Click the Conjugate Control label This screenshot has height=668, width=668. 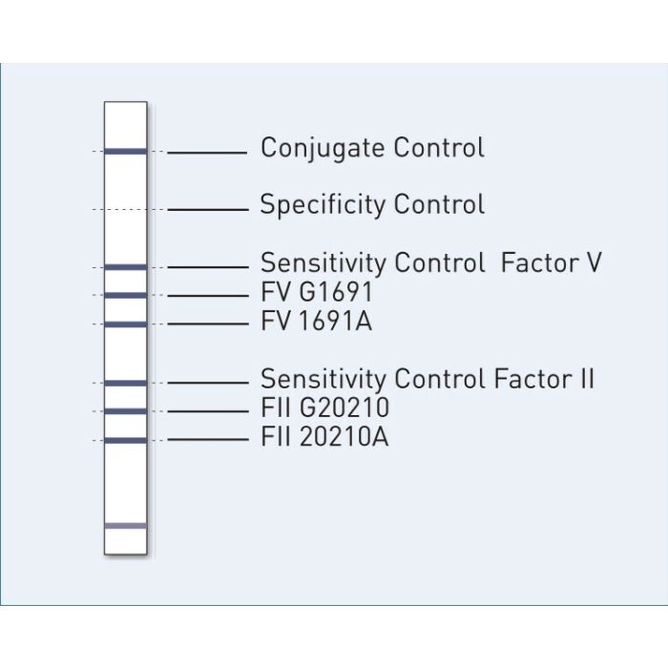[372, 148]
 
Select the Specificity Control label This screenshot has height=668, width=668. [372, 205]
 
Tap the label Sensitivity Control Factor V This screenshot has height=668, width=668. [430, 262]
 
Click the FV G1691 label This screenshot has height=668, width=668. [316, 292]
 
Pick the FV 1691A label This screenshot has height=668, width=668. [316, 322]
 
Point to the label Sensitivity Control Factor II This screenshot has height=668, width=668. [427, 379]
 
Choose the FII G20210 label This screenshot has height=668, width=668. [324, 408]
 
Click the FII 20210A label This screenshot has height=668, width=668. [324, 438]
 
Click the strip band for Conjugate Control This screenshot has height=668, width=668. [125, 151]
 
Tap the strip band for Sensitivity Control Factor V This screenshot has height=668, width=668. [125, 267]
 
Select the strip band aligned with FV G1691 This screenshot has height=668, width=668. [125, 296]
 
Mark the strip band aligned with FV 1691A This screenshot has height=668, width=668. [125, 324]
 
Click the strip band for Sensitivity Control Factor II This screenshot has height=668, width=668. [125, 383]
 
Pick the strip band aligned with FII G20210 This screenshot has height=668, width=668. [125, 411]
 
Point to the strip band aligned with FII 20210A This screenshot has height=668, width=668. [125, 440]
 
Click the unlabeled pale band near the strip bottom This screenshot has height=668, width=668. [125, 526]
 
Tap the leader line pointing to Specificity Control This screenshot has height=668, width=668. [207, 209]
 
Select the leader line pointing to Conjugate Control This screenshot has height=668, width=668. [207, 152]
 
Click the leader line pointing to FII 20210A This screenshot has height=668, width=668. [207, 440]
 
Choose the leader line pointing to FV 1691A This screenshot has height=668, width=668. [207, 324]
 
